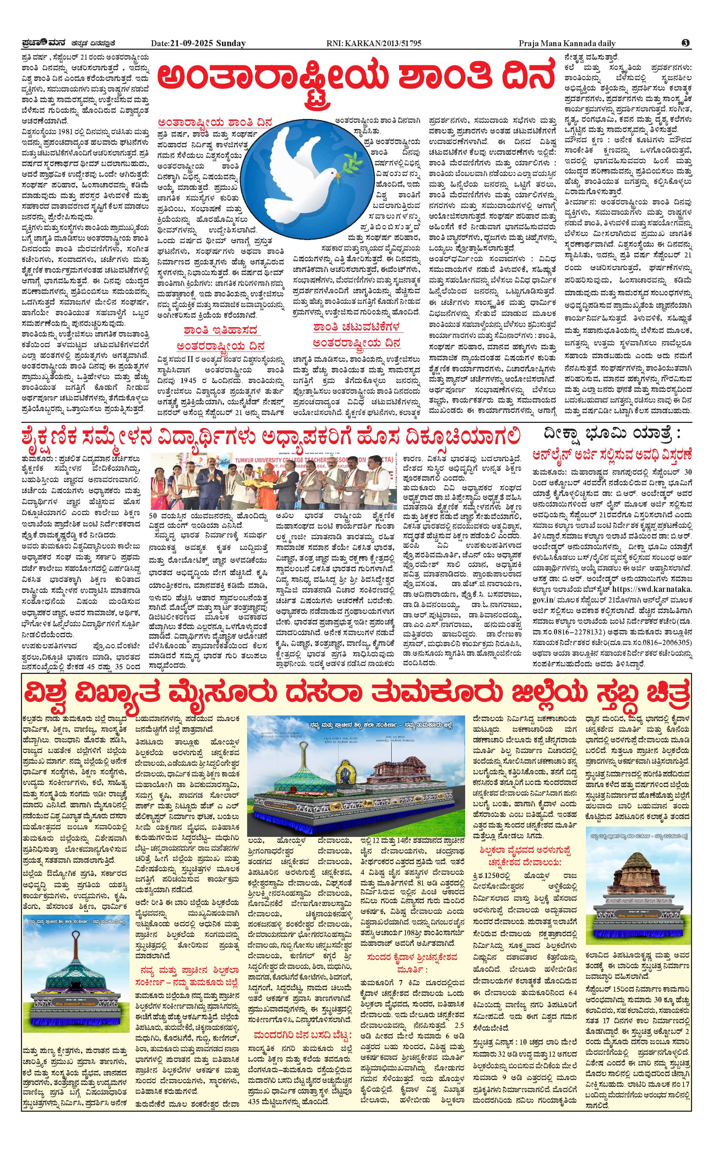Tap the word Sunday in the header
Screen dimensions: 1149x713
tap(231, 43)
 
